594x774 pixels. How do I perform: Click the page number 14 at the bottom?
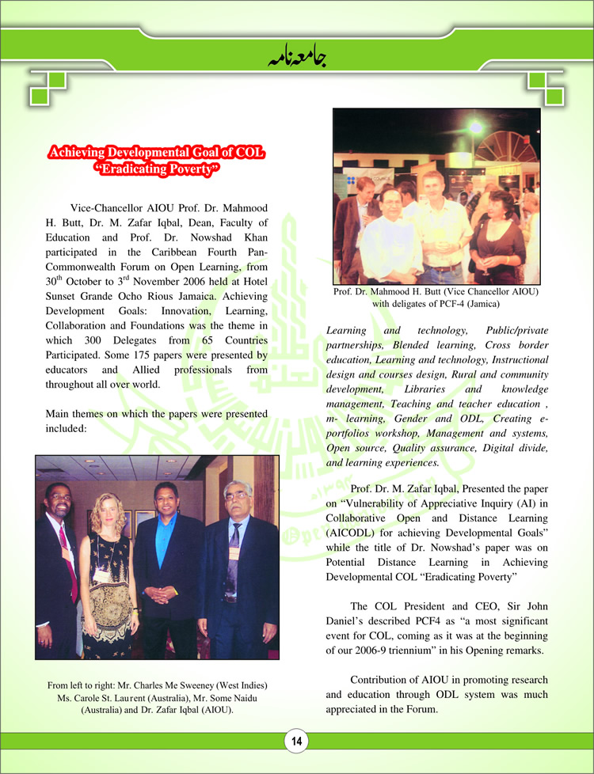(296, 742)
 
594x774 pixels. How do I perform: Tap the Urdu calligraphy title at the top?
(296, 55)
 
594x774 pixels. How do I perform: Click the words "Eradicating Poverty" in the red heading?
(156, 168)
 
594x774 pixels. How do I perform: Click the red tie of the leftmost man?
(66, 554)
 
